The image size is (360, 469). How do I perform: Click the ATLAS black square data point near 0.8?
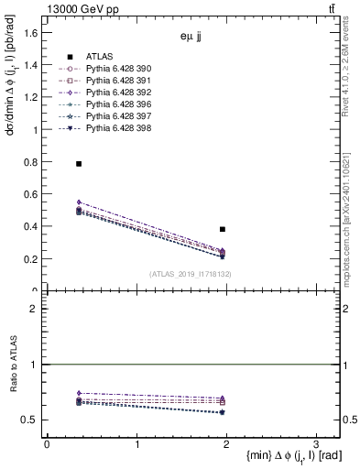(x=79, y=163)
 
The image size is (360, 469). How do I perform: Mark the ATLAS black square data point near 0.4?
(x=223, y=229)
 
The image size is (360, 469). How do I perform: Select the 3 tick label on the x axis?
(x=315, y=444)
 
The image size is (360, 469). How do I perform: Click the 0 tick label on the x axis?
(x=47, y=444)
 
